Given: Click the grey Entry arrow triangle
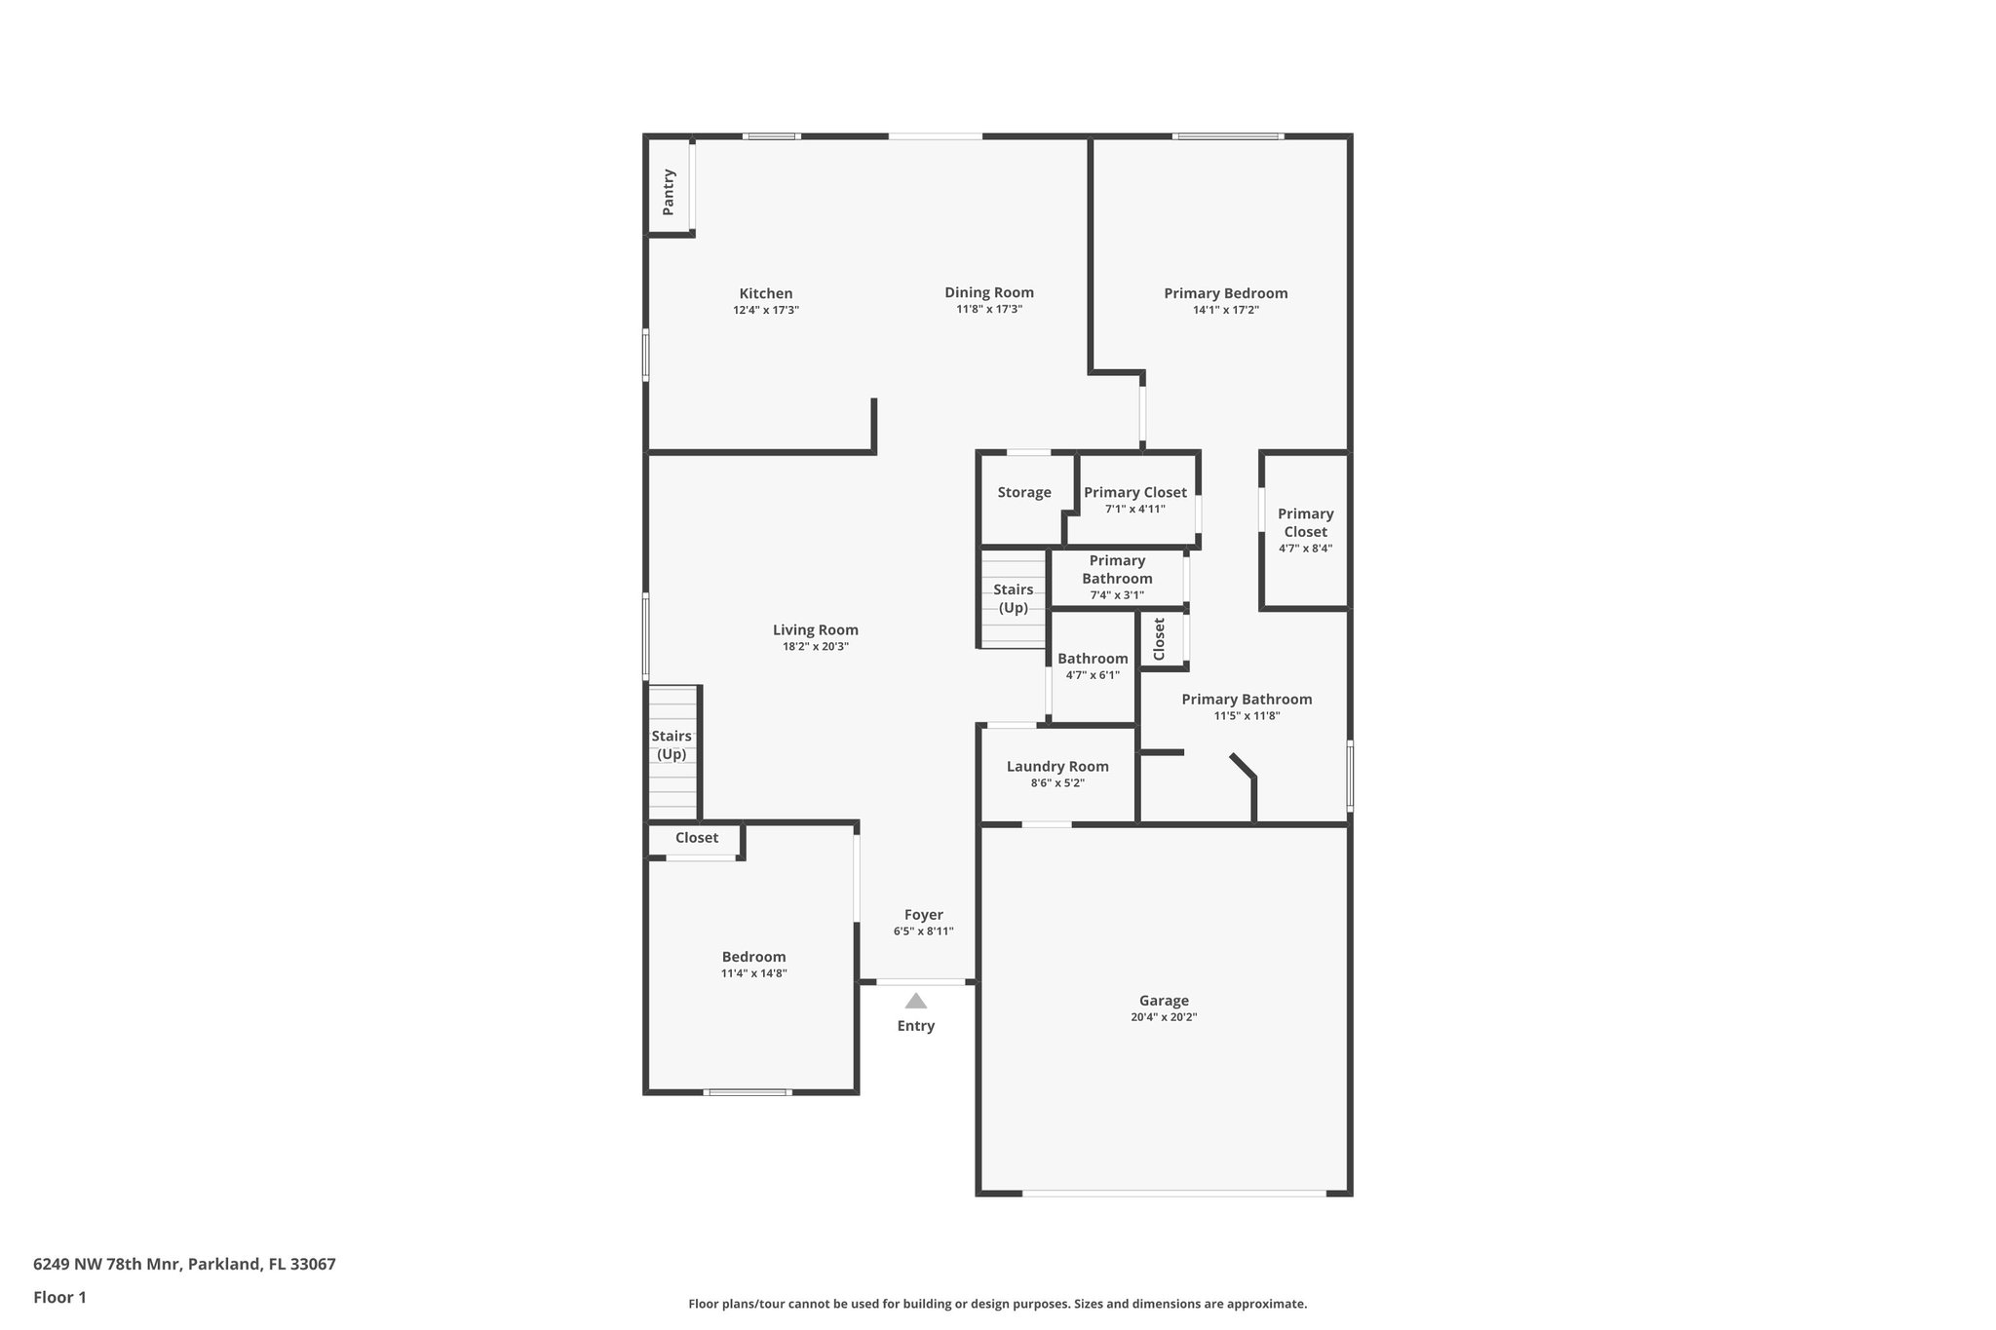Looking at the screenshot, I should pyautogui.click(x=915, y=1001).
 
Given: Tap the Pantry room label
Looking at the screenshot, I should pyautogui.click(x=669, y=192).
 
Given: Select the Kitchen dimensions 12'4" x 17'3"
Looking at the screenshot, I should pyautogui.click(x=766, y=310).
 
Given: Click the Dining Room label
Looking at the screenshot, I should pyautogui.click(x=988, y=292).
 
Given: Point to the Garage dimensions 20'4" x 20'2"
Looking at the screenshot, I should pyautogui.click(x=1164, y=1017).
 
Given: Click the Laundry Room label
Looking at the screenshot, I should pyautogui.click(x=1057, y=766).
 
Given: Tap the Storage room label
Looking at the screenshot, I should pyautogui.click(x=1023, y=492).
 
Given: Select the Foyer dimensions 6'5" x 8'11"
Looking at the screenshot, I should pyautogui.click(x=923, y=931).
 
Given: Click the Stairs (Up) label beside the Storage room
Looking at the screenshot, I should pyautogui.click(x=1013, y=598).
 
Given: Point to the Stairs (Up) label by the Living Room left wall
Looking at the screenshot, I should pyautogui.click(x=672, y=745).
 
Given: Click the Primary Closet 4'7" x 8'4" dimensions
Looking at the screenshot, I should pyautogui.click(x=1305, y=549).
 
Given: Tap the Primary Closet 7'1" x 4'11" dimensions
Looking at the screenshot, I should pyautogui.click(x=1134, y=509).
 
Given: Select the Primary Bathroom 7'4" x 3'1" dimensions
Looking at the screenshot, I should pyautogui.click(x=1117, y=595).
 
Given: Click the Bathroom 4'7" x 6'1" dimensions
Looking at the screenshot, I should pyautogui.click(x=1093, y=675).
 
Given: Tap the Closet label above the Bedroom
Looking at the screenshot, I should pyautogui.click(x=696, y=838).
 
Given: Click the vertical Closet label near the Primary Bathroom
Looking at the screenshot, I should pyautogui.click(x=1159, y=639).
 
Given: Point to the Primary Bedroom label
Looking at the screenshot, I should pyautogui.click(x=1225, y=293).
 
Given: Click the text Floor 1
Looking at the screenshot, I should pyautogui.click(x=59, y=1297).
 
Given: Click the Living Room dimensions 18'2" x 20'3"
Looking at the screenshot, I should pyautogui.click(x=815, y=646).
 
